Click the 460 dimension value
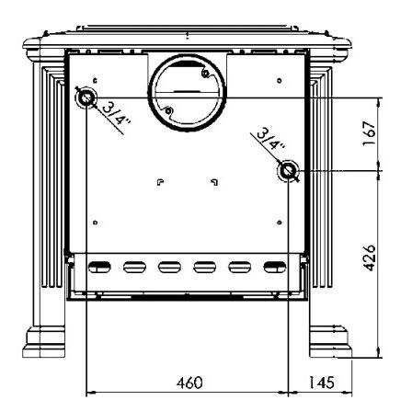[x=189, y=383]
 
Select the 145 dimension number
[x=321, y=383]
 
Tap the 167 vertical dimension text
[x=369, y=134]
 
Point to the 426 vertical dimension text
[x=369, y=257]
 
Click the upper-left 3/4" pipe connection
[x=86, y=97]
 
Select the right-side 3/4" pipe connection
[x=288, y=170]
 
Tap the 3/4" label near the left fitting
[x=117, y=114]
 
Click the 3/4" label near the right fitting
[x=270, y=139]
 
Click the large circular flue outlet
[x=188, y=92]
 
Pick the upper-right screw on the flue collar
[x=205, y=74]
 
